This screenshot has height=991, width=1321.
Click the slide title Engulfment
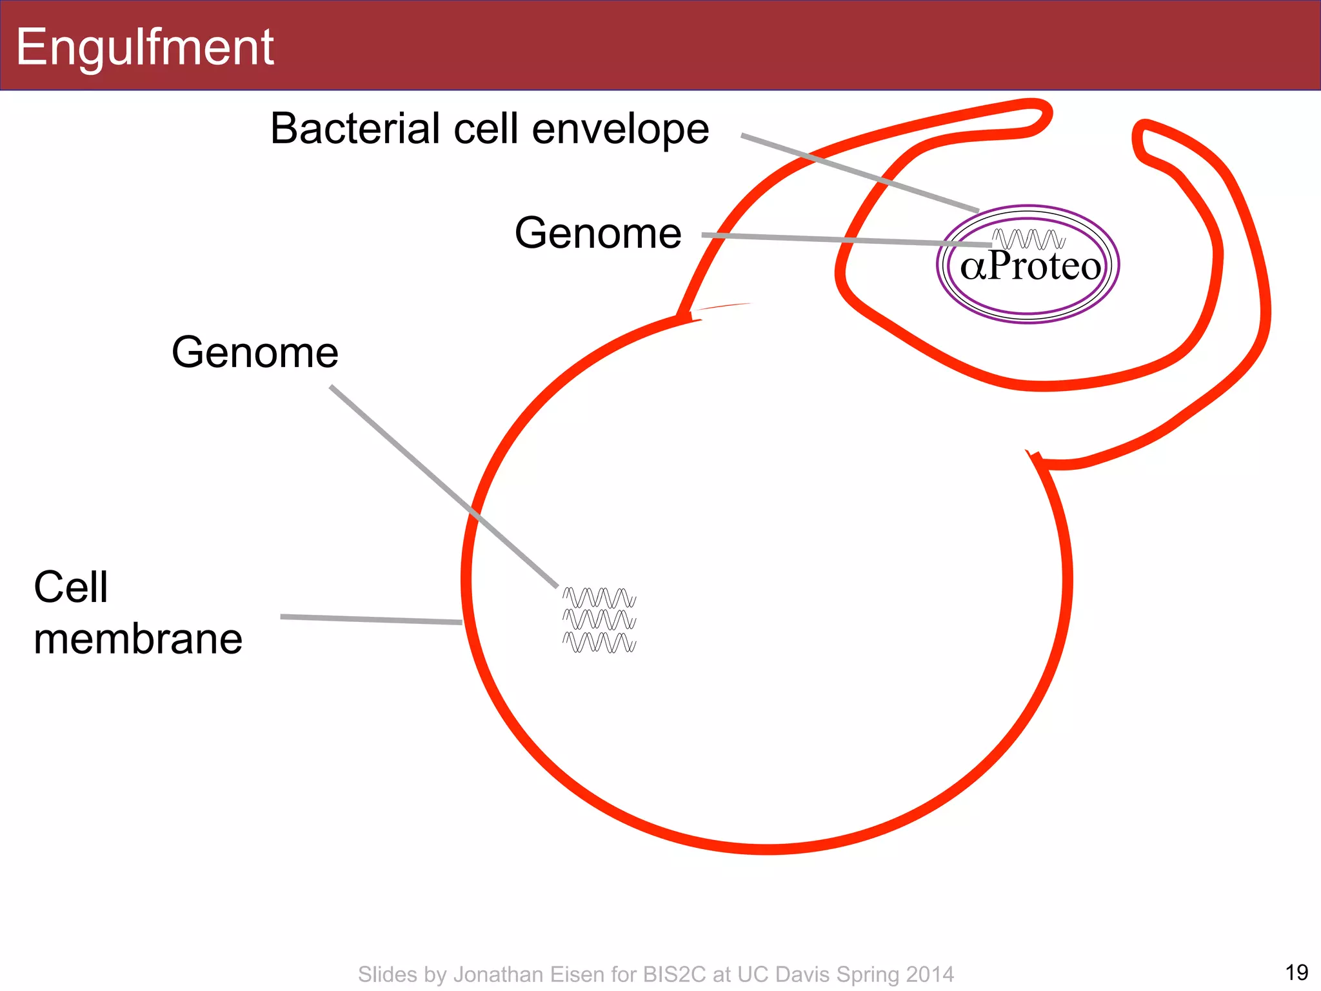tap(144, 47)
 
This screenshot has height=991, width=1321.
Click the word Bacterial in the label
tap(354, 128)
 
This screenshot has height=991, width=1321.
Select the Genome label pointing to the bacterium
tap(597, 233)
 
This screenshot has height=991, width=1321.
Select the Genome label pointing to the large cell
tap(255, 352)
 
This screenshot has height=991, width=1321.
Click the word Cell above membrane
tap(70, 587)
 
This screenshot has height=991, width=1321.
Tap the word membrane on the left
tap(138, 639)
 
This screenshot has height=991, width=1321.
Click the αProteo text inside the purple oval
tap(1030, 266)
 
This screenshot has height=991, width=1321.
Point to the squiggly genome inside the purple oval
tap(1028, 239)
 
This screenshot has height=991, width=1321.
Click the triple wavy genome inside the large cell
tap(599, 620)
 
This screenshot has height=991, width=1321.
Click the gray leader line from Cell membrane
tap(371, 619)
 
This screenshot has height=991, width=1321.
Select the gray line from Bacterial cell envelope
tap(858, 172)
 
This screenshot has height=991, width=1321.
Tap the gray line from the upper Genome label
tap(845, 240)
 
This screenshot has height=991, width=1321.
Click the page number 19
tap(1296, 972)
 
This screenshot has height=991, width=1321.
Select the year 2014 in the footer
tap(929, 974)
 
